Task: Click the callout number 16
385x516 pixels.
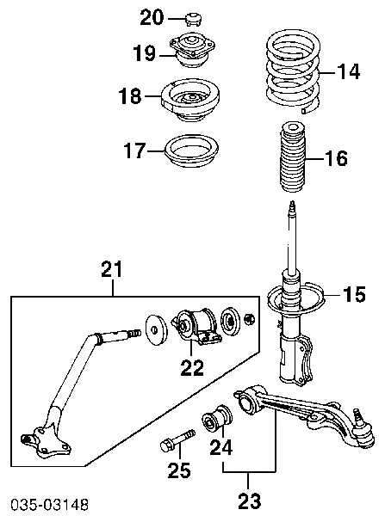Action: pos(338,159)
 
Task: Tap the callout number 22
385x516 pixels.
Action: pos(192,368)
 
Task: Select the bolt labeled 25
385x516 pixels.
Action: pos(172,446)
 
